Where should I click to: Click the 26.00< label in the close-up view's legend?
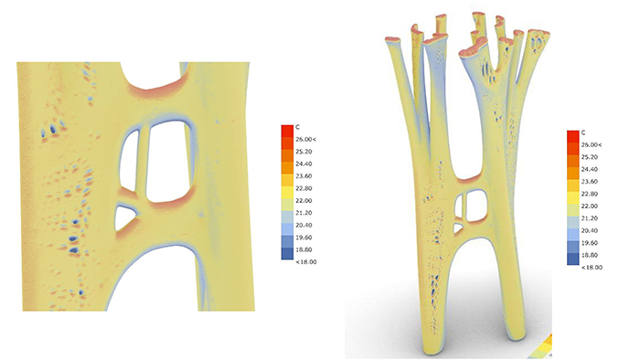tap(305, 140)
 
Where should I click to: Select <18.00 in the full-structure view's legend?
tap(592, 268)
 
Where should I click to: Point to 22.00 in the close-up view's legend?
tap(304, 201)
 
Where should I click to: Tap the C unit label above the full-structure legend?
tap(583, 132)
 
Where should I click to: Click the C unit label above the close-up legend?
tap(297, 127)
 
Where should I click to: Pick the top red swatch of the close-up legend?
tap(287, 132)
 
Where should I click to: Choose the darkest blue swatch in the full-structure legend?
tap(572, 259)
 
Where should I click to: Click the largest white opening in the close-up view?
tap(168, 163)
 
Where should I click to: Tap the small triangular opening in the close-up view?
tap(123, 217)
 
